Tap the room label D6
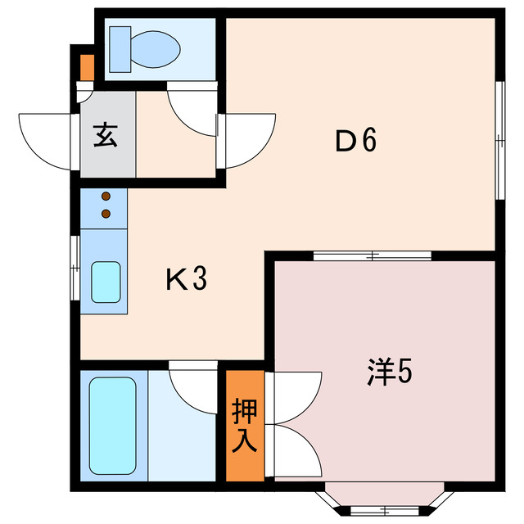pyautogui.click(x=355, y=142)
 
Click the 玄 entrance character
pyautogui.click(x=106, y=134)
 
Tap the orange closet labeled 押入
pyautogui.click(x=246, y=426)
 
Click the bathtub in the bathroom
pyautogui.click(x=111, y=426)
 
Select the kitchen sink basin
pyautogui.click(x=106, y=282)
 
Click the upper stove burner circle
pyautogui.click(x=106, y=197)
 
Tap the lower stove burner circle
pyautogui.click(x=106, y=215)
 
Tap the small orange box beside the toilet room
pyautogui.click(x=87, y=65)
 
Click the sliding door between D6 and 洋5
pyautogui.click(x=373, y=256)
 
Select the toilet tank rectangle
pyautogui.click(x=120, y=48)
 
